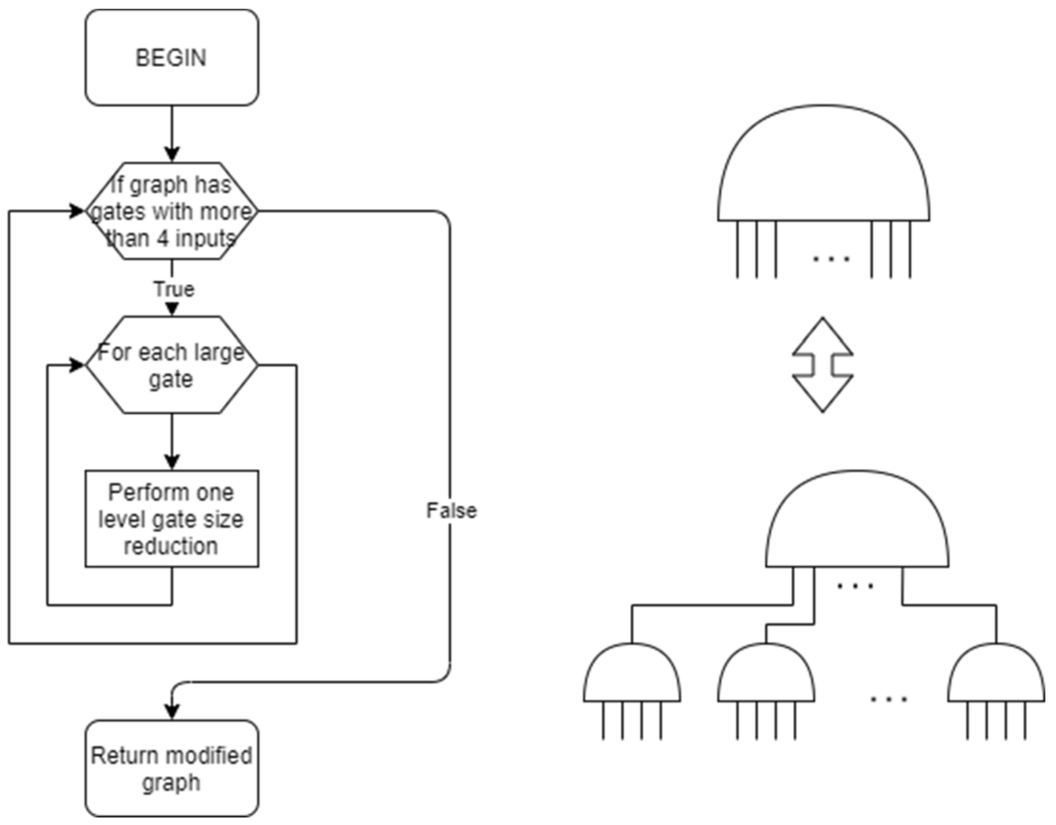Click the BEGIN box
(x=171, y=57)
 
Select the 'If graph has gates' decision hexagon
(x=171, y=211)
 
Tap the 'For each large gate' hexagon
(x=171, y=365)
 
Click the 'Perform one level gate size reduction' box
(x=171, y=519)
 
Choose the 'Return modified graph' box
(x=171, y=769)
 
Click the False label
(x=451, y=511)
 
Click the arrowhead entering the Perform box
(x=172, y=462)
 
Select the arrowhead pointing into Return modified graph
(x=172, y=712)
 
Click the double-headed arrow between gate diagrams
(x=823, y=365)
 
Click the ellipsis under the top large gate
(x=831, y=259)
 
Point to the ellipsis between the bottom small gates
(x=889, y=699)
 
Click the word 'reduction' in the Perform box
(x=171, y=547)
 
